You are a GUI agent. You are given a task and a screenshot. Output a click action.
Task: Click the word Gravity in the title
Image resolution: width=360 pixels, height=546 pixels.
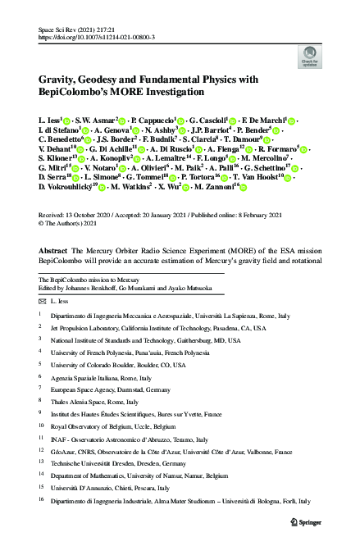click(64, 78)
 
